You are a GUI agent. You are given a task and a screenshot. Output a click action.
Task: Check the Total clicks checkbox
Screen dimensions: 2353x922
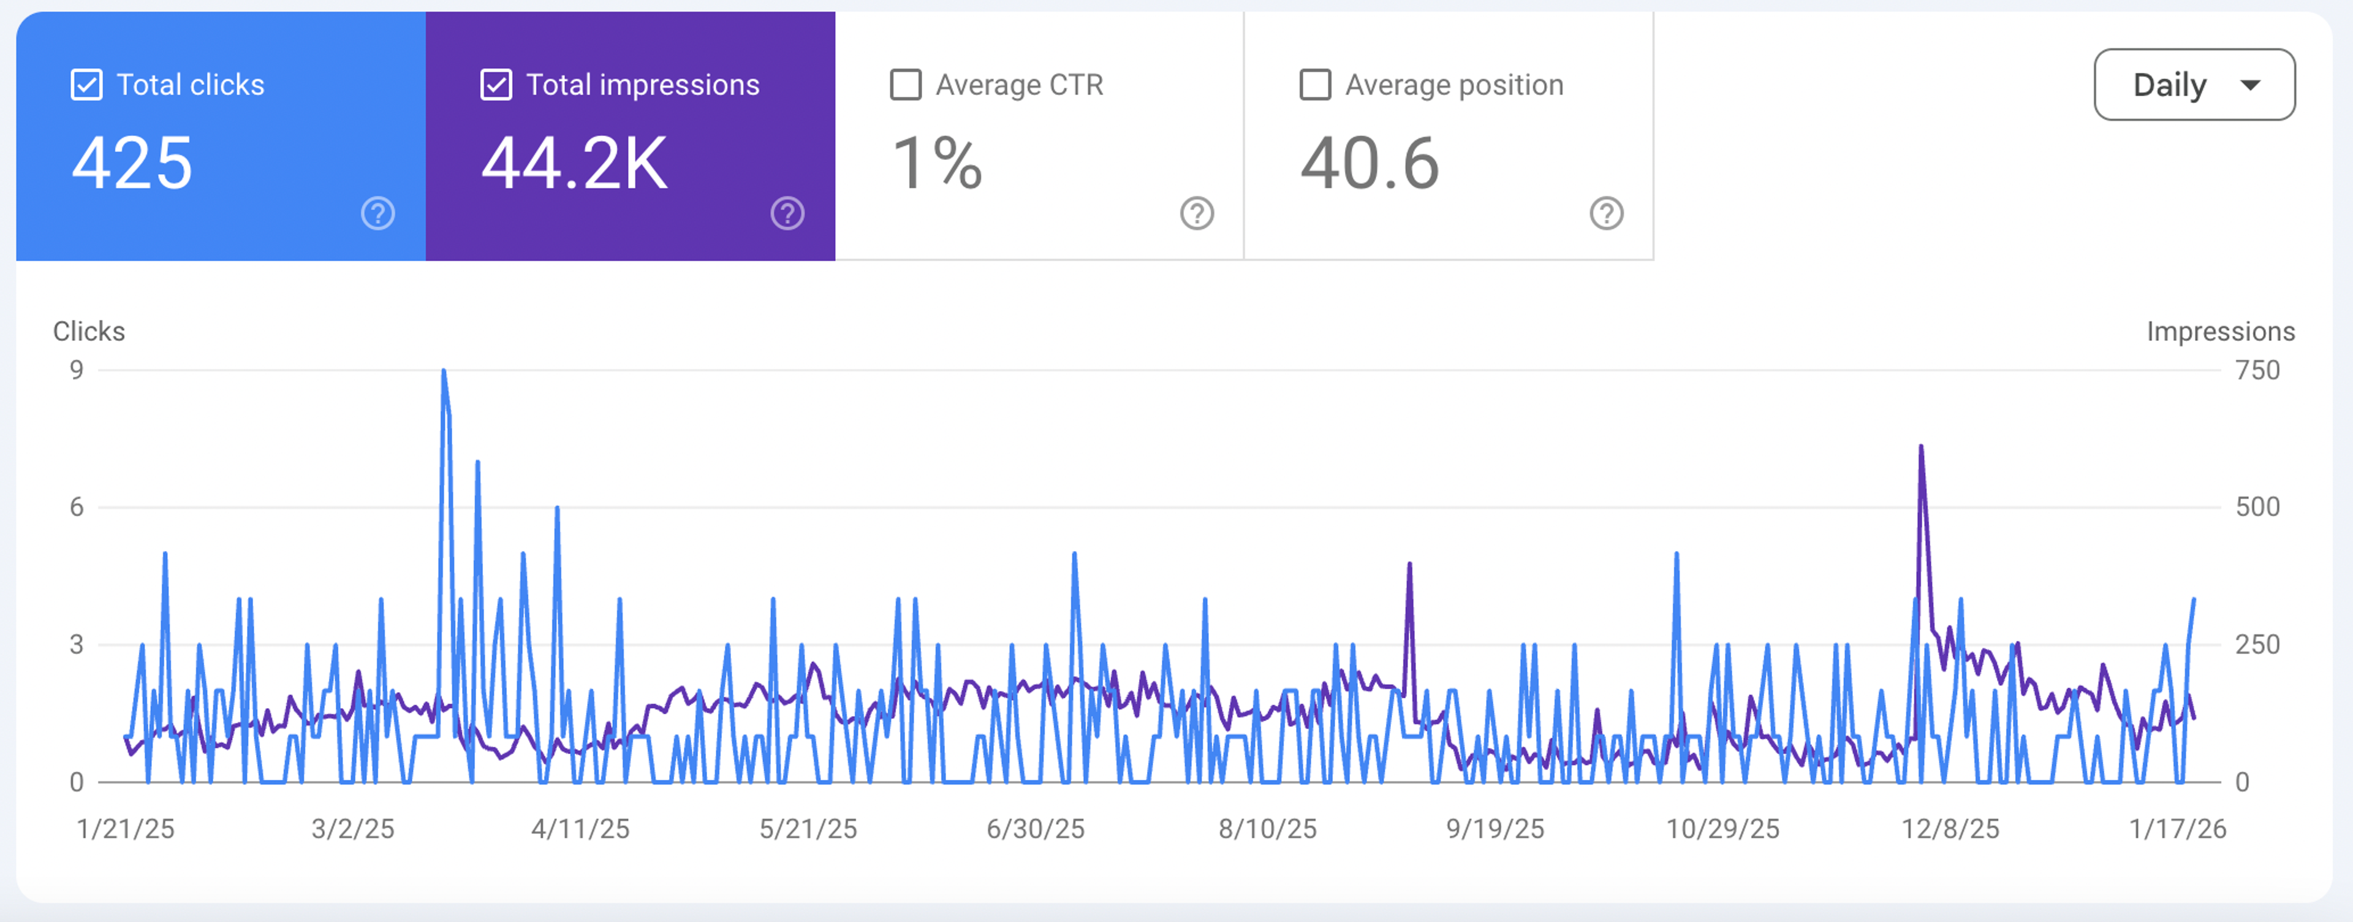click(x=87, y=85)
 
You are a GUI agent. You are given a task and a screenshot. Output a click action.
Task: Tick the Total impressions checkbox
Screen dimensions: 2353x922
click(x=496, y=85)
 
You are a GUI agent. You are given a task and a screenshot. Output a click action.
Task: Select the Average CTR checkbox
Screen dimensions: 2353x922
click(x=905, y=85)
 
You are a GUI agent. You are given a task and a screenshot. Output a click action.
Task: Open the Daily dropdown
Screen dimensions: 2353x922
click(x=2194, y=85)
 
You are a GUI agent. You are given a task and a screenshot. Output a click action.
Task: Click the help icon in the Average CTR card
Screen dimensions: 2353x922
click(x=1197, y=214)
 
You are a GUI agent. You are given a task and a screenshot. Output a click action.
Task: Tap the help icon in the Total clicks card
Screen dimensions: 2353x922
click(x=378, y=214)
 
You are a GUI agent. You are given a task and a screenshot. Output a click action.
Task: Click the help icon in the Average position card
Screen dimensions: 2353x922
click(x=1606, y=214)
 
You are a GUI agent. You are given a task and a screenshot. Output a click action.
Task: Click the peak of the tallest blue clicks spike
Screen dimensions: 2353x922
click(x=444, y=371)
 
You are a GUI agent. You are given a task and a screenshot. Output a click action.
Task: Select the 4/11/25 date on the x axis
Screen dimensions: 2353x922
click(x=581, y=829)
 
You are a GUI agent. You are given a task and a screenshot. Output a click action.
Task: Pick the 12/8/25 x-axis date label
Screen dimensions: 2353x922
click(x=1950, y=829)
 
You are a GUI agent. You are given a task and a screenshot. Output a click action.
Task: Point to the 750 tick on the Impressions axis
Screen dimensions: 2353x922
click(x=2257, y=370)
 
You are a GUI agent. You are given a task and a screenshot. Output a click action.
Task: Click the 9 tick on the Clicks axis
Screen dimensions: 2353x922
click(x=77, y=370)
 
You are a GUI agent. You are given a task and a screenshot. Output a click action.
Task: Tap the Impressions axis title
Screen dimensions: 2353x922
click(x=2221, y=331)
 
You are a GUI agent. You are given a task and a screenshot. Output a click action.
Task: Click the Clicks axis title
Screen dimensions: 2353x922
click(x=89, y=331)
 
